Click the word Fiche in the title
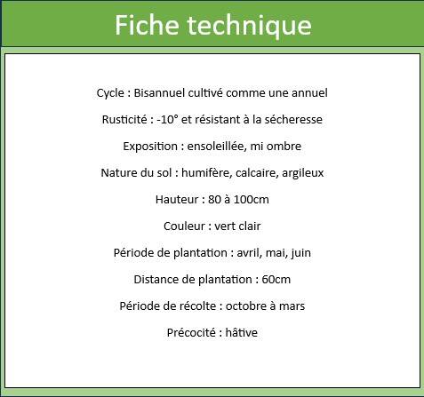click(147, 25)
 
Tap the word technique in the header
click(249, 26)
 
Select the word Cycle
click(110, 93)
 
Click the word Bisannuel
click(159, 92)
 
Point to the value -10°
click(167, 119)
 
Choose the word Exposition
click(150, 147)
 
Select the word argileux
click(303, 173)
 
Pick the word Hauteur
click(176, 199)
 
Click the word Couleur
click(184, 226)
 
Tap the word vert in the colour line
click(224, 226)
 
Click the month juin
click(301, 253)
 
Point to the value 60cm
click(276, 280)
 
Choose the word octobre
click(246, 306)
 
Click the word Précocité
click(191, 333)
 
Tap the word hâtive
click(242, 332)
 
